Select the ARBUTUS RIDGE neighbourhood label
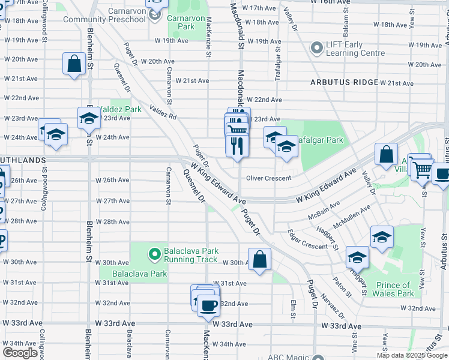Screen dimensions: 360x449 click(x=344, y=82)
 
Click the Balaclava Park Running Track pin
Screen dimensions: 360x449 click(x=154, y=255)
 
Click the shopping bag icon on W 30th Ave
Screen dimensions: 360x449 click(x=260, y=260)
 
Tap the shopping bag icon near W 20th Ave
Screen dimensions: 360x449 click(x=73, y=65)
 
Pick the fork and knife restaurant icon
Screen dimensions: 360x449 click(x=237, y=146)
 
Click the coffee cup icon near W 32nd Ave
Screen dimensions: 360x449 click(x=208, y=305)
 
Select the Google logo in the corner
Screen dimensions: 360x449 click(x=20, y=352)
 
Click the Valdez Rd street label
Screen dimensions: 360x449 click(x=163, y=112)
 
